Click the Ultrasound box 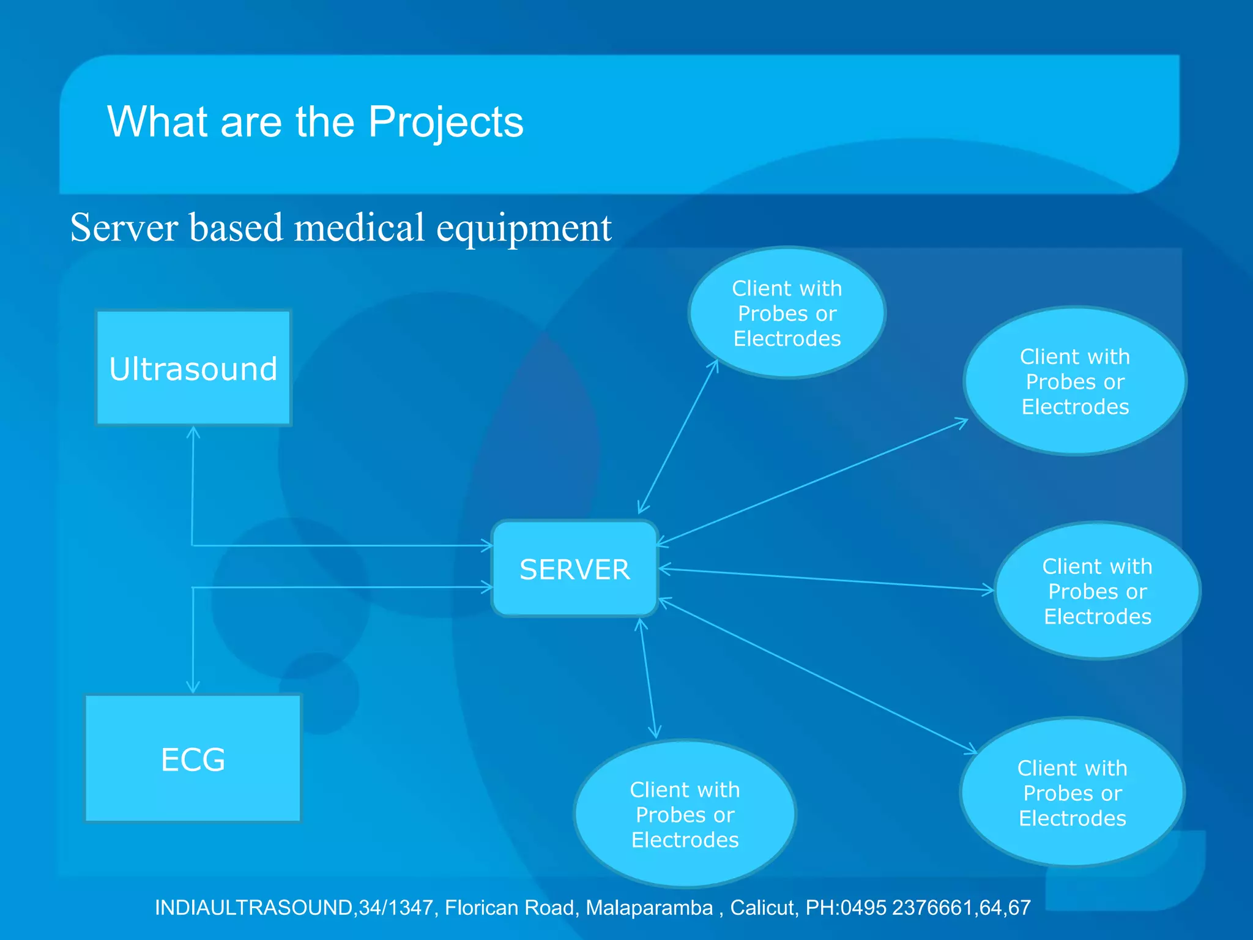193,368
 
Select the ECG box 193,759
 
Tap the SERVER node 574,569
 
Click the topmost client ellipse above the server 787,313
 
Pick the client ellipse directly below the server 685,814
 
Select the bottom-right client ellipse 1072,793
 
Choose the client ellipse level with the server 1097,591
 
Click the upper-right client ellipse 1075,381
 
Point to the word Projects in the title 445,122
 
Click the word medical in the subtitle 359,228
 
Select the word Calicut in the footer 764,908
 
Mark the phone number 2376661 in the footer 932,908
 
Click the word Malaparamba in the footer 649,908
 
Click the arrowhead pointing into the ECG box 193,688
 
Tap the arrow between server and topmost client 678,436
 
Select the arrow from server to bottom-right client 817,676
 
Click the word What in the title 157,122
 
